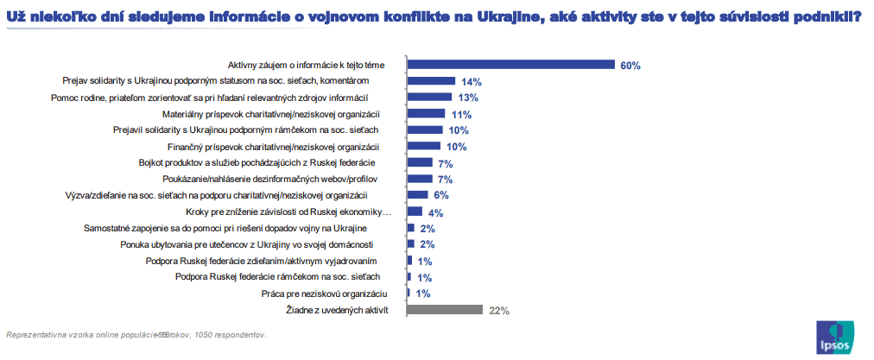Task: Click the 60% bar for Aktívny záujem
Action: pyautogui.click(x=510, y=64)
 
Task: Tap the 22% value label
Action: pyautogui.click(x=499, y=311)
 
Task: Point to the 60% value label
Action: pyautogui.click(x=630, y=65)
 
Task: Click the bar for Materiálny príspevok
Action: pyautogui.click(x=426, y=113)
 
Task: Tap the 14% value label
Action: pyautogui.click(x=471, y=81)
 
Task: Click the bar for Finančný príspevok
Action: pyautogui.click(x=424, y=146)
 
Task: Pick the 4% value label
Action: pyautogui.click(x=435, y=212)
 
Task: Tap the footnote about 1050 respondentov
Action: pyautogui.click(x=136, y=334)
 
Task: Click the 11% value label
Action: pyautogui.click(x=461, y=114)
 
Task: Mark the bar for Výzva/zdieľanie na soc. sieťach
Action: pyautogui.click(x=417, y=195)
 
